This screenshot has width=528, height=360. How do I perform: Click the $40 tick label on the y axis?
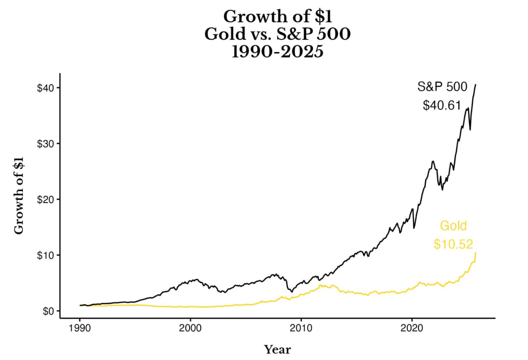click(x=46, y=88)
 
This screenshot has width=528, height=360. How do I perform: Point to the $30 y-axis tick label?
click(x=46, y=144)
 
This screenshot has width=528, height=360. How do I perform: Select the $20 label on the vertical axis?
click(x=46, y=199)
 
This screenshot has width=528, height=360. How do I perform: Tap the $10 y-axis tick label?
click(x=46, y=255)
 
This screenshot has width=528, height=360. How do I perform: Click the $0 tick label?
click(x=48, y=311)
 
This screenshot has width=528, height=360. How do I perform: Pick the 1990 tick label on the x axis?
click(x=80, y=328)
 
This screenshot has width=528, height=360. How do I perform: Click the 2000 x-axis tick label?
click(x=190, y=328)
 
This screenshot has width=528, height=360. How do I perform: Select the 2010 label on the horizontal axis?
click(x=301, y=328)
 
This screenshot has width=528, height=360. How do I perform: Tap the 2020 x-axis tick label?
click(x=412, y=328)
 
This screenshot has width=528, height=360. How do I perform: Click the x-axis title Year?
click(x=277, y=350)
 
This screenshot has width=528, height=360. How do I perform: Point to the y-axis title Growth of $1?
click(x=19, y=196)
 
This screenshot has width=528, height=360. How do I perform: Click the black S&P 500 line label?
click(x=442, y=87)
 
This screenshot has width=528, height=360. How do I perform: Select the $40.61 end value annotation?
click(x=442, y=105)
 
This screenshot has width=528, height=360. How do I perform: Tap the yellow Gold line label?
click(x=453, y=226)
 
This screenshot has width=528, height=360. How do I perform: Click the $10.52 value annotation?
click(x=453, y=244)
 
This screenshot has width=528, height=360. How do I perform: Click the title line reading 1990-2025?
click(x=277, y=52)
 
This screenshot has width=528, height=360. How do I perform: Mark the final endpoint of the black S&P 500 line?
click(x=475, y=85)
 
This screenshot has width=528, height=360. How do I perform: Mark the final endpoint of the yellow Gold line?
click(x=476, y=253)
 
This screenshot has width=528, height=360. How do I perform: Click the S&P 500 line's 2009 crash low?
click(x=292, y=292)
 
